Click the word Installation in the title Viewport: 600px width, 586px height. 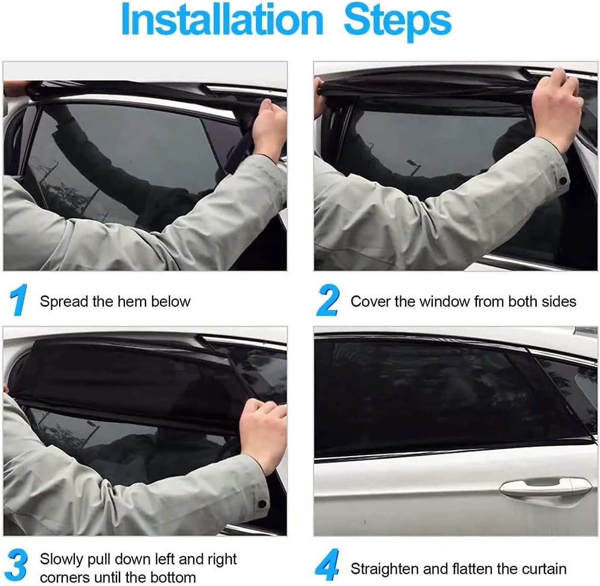pos(222,19)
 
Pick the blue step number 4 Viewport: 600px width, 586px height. pos(328,565)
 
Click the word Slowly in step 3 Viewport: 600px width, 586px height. pos(62,560)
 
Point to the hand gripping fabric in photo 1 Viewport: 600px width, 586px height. pos(270,126)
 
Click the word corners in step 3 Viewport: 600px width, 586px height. pos(65,578)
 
